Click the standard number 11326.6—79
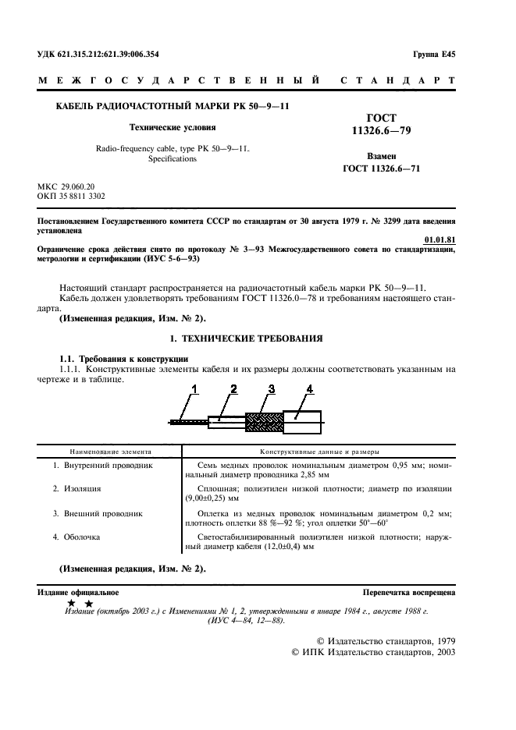[x=382, y=134]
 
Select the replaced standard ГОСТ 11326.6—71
[x=382, y=168]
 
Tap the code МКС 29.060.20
[x=66, y=187]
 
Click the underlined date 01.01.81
[x=439, y=240]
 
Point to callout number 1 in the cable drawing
[x=195, y=388]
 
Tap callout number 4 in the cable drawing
[x=309, y=388]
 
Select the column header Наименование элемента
[x=110, y=452]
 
